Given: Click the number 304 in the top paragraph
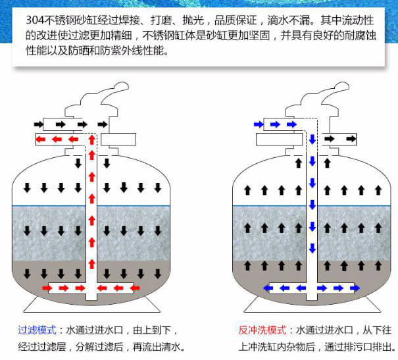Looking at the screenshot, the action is point(35,20).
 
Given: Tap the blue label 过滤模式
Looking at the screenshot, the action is point(37,330).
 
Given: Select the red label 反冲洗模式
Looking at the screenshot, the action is point(262,330).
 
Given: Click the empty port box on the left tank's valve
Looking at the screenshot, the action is point(118,140).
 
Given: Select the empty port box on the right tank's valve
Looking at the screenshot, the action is point(279,140).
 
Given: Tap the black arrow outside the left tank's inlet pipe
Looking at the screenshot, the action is point(39,124).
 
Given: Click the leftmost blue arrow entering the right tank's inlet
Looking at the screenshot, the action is point(259,124).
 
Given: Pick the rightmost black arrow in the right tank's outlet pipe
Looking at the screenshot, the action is point(351,139).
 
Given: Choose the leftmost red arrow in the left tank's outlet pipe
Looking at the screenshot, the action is point(41,139).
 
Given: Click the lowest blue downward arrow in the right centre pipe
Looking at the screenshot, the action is point(312,248).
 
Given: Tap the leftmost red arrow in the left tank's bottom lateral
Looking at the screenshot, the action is point(47,288).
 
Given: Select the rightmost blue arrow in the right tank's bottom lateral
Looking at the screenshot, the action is point(355,288).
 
